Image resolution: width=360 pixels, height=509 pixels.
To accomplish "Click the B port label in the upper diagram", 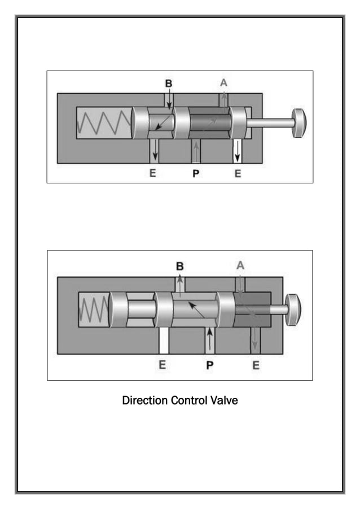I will pyautogui.click(x=168, y=83).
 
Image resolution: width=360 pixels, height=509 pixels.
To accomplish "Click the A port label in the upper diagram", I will pyautogui.click(x=224, y=82).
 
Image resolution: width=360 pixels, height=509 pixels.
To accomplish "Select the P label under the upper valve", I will pyautogui.click(x=196, y=174).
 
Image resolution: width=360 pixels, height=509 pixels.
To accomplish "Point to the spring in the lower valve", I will pyautogui.click(x=94, y=310).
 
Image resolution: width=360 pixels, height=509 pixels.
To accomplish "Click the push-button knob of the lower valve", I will pyautogui.click(x=293, y=310).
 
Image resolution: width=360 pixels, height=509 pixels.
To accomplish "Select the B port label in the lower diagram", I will pyautogui.click(x=180, y=265).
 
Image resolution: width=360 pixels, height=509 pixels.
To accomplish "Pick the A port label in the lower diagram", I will pyautogui.click(x=240, y=265).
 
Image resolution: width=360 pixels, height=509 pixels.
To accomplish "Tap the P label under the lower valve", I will pyautogui.click(x=209, y=365).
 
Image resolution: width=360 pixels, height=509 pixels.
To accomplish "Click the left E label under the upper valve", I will pyautogui.click(x=153, y=174).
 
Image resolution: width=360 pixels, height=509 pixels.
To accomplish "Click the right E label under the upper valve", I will pyautogui.click(x=238, y=174).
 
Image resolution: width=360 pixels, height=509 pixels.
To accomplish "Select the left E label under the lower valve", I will pyautogui.click(x=162, y=365).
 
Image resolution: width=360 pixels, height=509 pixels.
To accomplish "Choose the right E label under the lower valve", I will pyautogui.click(x=256, y=365).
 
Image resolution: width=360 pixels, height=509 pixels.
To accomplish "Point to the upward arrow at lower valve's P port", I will pyautogui.click(x=210, y=339).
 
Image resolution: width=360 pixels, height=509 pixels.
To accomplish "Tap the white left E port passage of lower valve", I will pyautogui.click(x=164, y=340).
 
